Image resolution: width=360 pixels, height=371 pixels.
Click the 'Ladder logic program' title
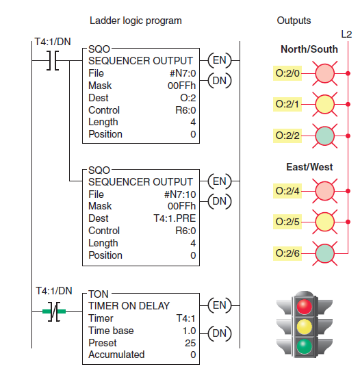pos(136,21)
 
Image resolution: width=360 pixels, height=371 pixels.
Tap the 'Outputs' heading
pos(294,21)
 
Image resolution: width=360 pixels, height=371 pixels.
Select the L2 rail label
pos(346,34)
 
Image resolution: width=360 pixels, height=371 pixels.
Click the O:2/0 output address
pos(287,72)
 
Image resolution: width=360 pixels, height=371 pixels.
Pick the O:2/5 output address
pos(287,222)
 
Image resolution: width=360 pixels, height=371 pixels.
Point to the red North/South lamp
pos(324,72)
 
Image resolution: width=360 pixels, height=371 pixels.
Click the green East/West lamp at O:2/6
pos(324,253)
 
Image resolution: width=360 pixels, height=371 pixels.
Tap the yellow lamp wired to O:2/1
pos(324,104)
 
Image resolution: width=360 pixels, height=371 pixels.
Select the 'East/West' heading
pos(309,167)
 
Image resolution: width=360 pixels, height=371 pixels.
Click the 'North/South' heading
pos(309,49)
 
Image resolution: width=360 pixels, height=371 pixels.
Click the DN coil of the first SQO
pos(220,80)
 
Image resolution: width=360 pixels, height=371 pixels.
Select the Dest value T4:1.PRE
pos(172,218)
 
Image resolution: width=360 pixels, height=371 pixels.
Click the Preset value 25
pos(190,342)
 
